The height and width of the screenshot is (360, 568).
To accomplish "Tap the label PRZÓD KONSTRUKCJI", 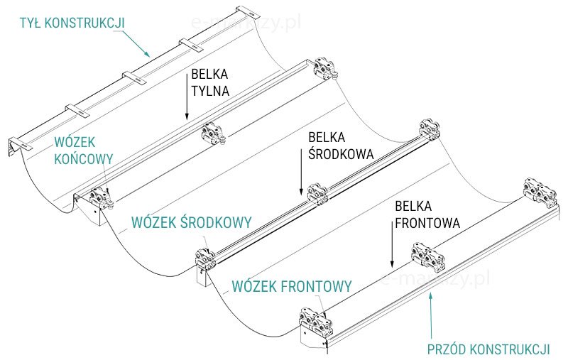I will pyautogui.click(x=488, y=349).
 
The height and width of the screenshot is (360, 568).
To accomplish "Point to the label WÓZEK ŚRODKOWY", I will pyautogui.click(x=191, y=222).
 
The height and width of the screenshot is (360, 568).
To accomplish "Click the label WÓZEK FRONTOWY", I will pyautogui.click(x=292, y=287).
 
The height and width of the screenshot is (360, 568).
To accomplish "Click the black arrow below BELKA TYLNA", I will pyautogui.click(x=186, y=107).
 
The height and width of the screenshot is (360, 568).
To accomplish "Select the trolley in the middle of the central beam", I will pyautogui.click(x=317, y=194).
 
